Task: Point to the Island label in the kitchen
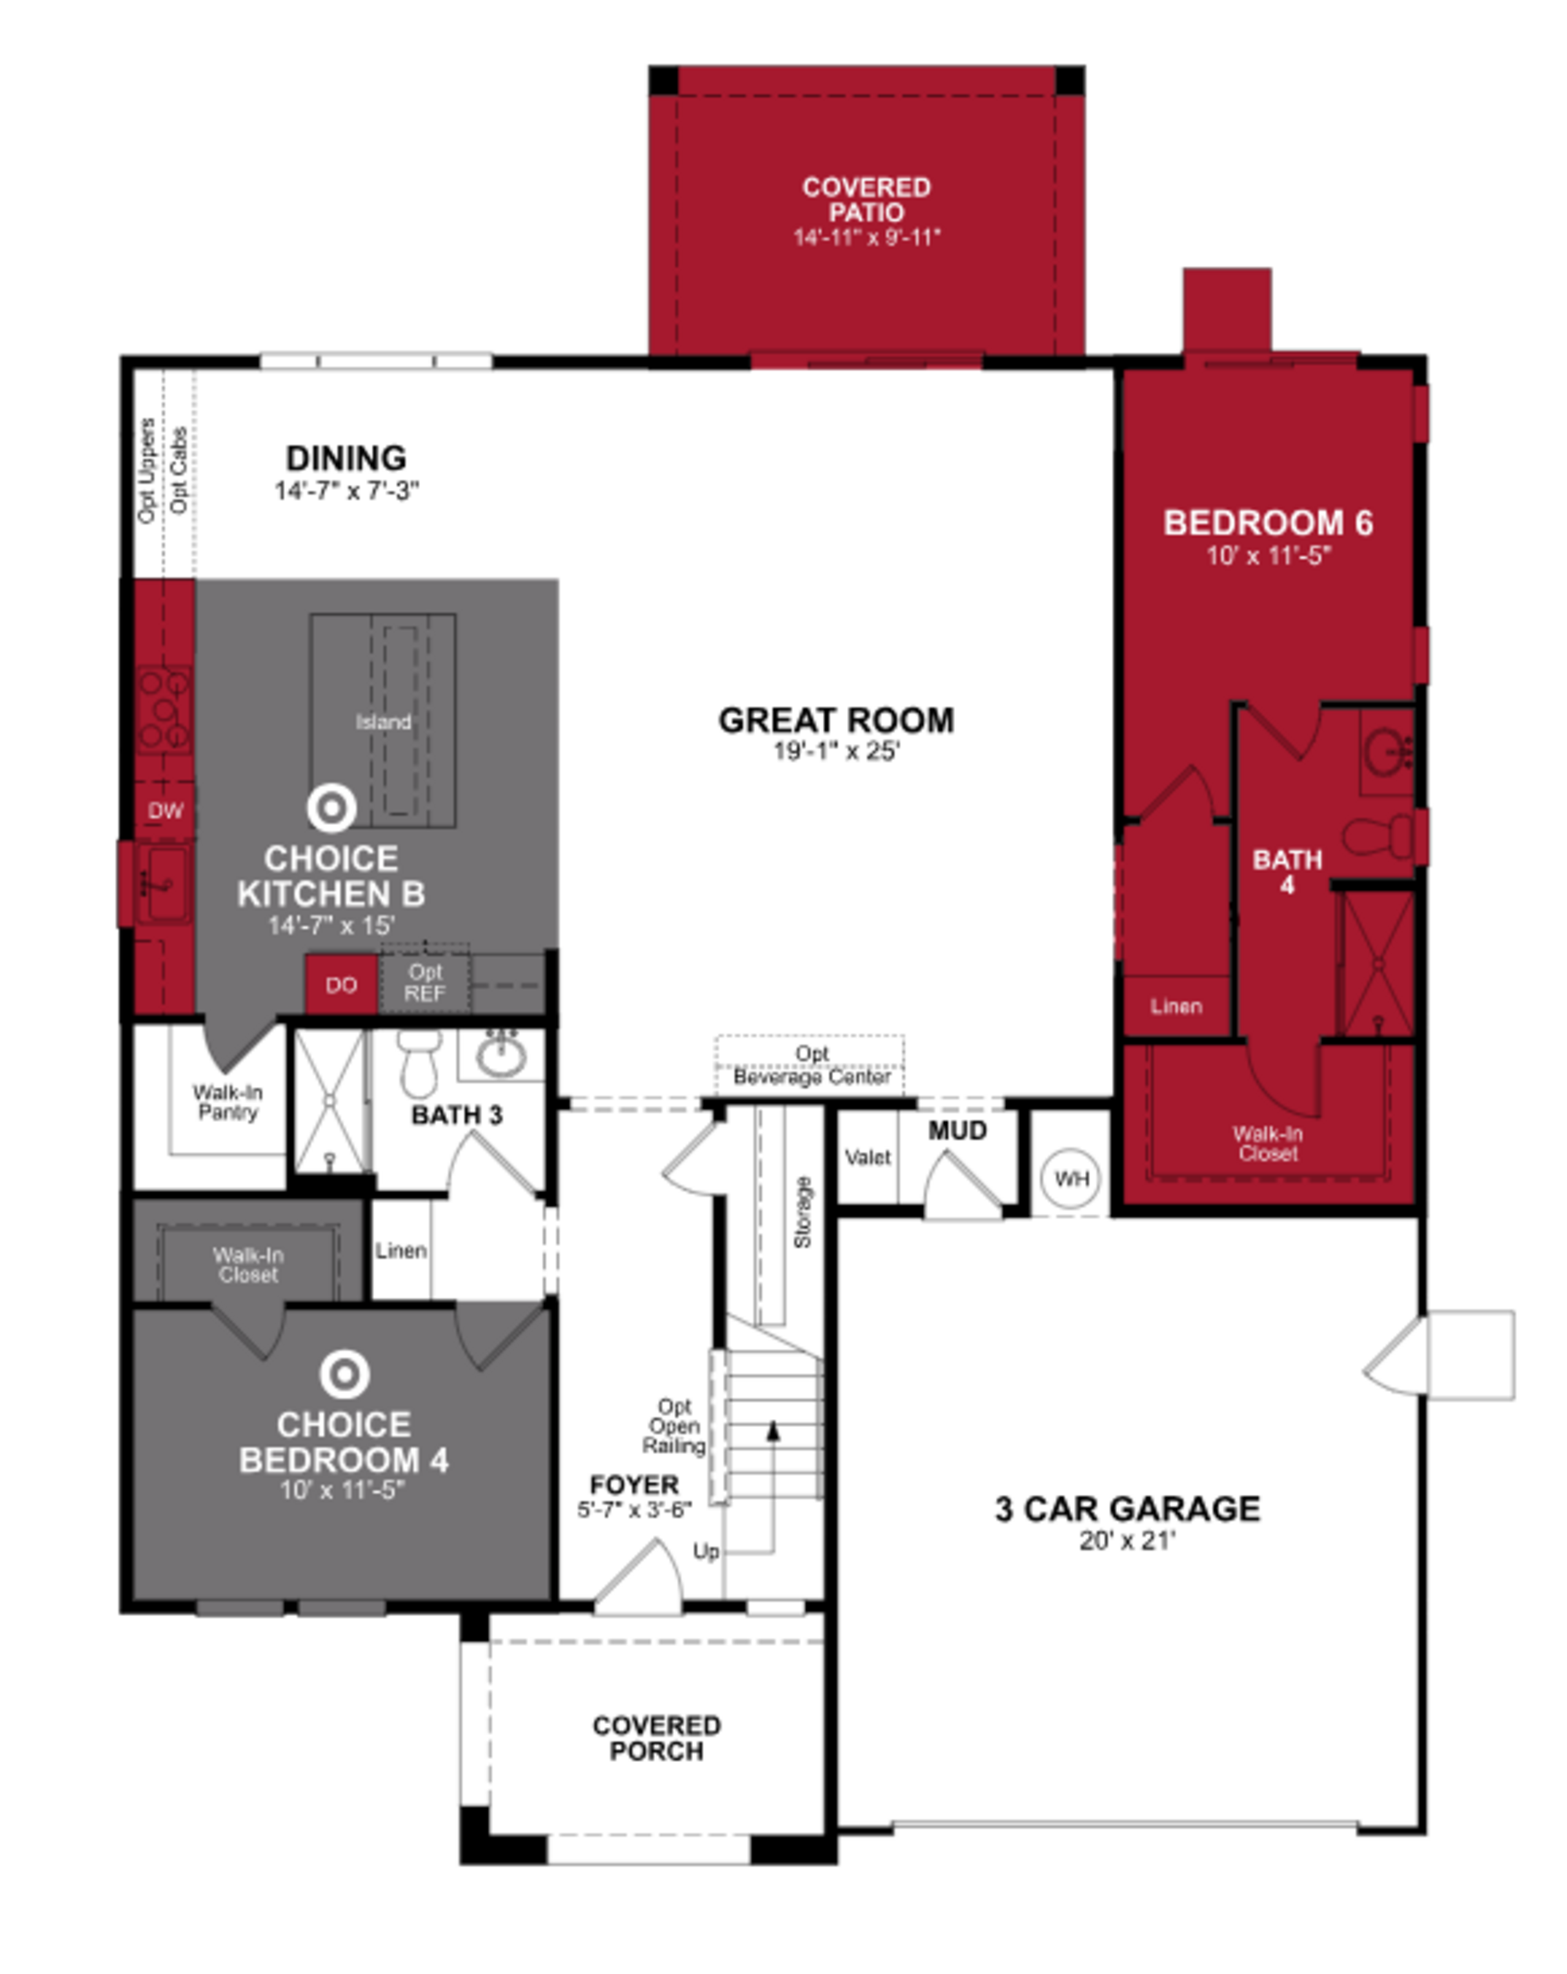coord(383,722)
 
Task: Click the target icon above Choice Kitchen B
coord(331,808)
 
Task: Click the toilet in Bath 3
coord(419,1064)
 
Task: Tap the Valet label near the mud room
coord(866,1158)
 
